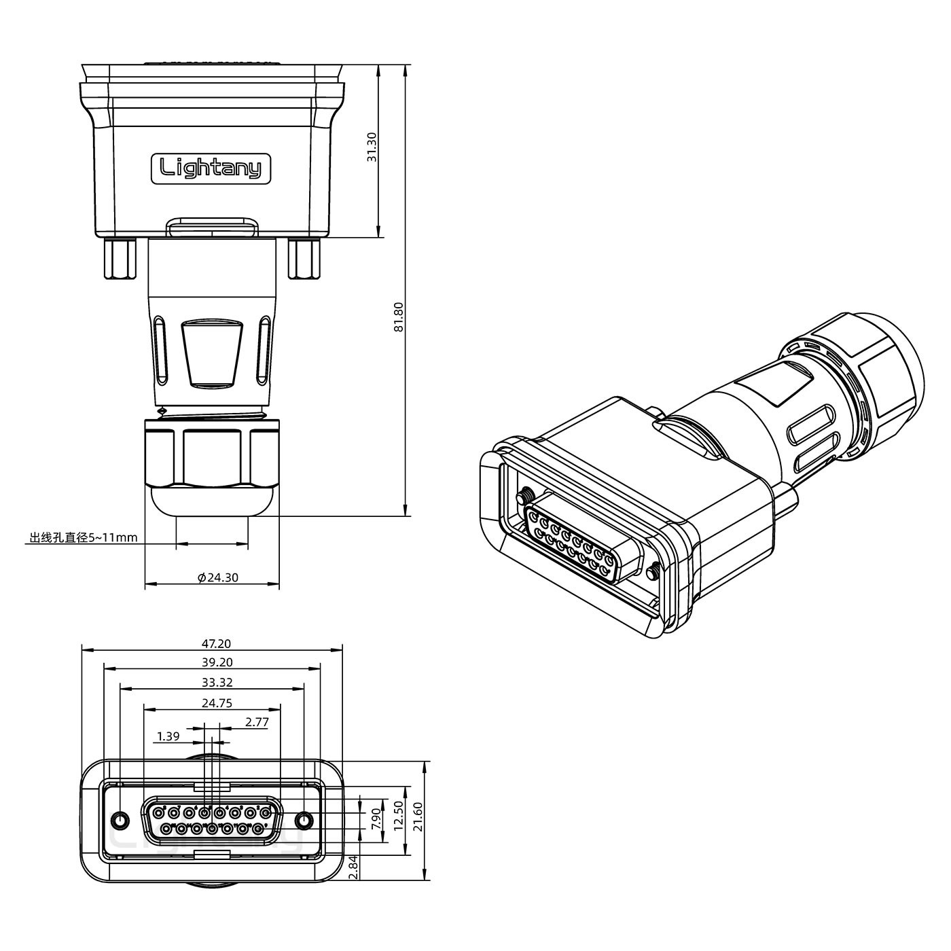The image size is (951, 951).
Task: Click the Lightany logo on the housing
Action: tap(210, 167)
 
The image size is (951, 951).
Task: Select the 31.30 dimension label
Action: tap(372, 146)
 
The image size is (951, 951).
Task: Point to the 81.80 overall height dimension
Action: tap(399, 317)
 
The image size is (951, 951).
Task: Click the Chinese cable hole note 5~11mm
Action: tap(83, 538)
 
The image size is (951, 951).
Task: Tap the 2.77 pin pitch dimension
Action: tap(256, 722)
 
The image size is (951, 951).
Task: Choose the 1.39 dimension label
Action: tap(168, 736)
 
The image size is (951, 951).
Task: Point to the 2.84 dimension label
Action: tap(353, 867)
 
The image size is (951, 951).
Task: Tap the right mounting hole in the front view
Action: tap(304, 821)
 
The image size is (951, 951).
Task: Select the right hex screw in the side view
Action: tap(303, 258)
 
